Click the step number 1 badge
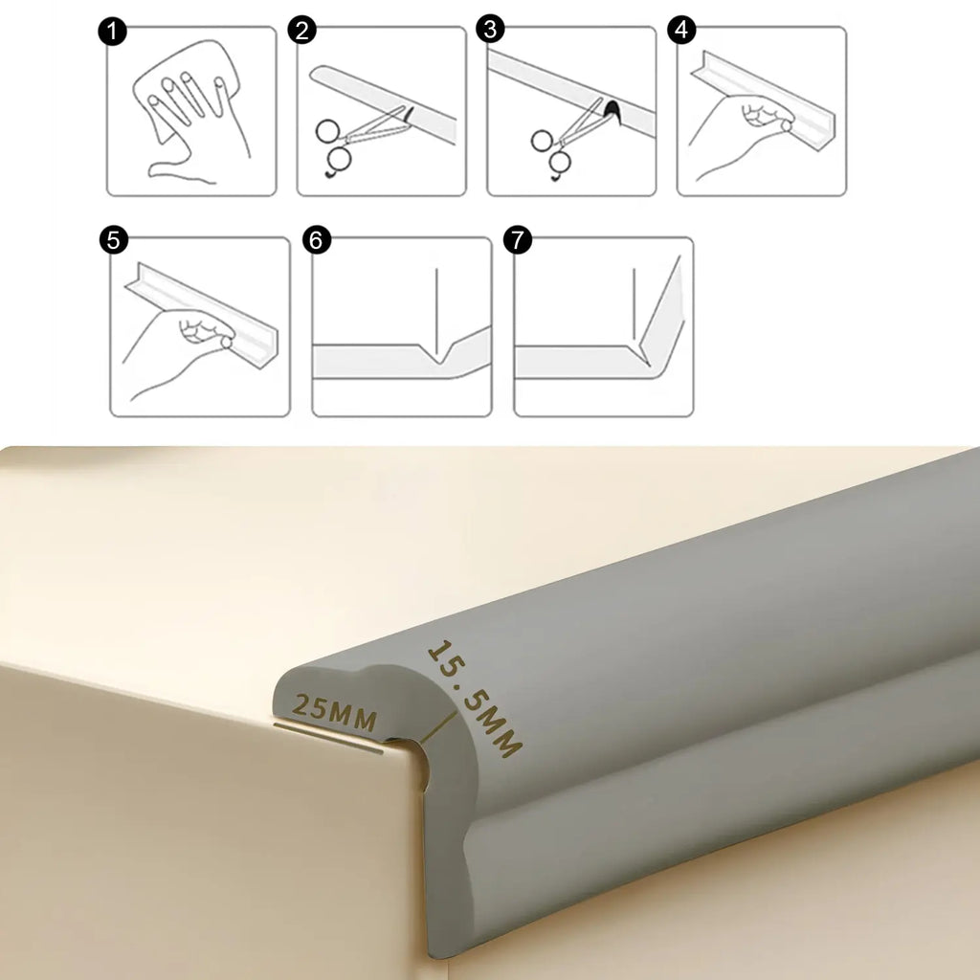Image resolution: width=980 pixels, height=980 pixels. coord(113,32)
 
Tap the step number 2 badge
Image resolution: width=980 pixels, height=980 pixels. coord(302,31)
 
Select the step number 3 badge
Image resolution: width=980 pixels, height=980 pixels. coord(491,30)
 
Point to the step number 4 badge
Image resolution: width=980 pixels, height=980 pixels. coord(681,30)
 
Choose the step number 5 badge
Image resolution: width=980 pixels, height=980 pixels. coord(114,240)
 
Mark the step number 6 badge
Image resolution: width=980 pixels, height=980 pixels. coord(317,240)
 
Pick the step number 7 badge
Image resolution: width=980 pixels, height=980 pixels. coord(518,239)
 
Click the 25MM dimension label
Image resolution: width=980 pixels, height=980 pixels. coord(334,711)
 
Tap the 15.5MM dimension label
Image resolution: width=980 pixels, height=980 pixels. coord(475,698)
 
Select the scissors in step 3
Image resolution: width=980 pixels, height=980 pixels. coord(566,139)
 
